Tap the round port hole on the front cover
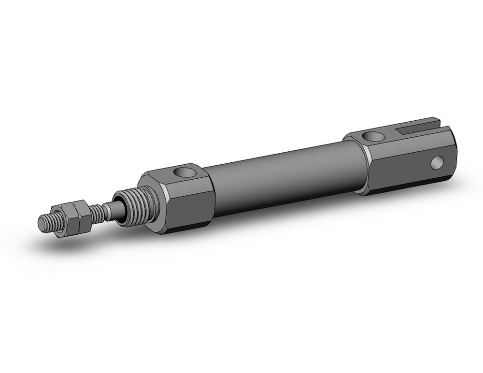point(185,172)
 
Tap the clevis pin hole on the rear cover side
point(438,163)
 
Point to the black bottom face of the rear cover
point(411,186)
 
